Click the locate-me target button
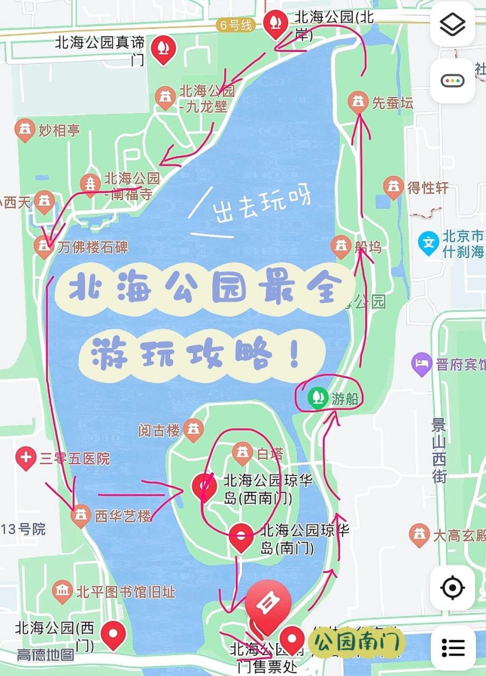click(452, 587)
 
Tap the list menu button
click(453, 647)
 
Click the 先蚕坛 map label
click(392, 103)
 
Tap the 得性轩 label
click(427, 187)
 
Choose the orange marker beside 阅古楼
click(194, 430)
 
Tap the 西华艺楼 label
click(123, 516)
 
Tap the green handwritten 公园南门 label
click(357, 642)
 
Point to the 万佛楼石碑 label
click(93, 247)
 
